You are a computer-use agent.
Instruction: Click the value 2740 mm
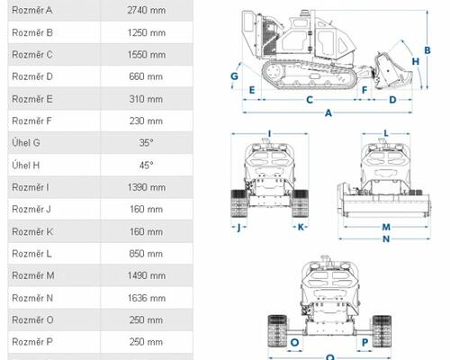pyautogui.click(x=146, y=10)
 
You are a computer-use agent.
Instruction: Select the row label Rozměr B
pyautogui.click(x=32, y=32)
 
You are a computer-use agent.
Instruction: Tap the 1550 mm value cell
pyautogui.click(x=146, y=55)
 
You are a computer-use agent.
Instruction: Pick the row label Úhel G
pyautogui.click(x=26, y=142)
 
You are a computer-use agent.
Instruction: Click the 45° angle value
pyautogui.click(x=146, y=165)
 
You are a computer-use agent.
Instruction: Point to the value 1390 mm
pyautogui.click(x=146, y=187)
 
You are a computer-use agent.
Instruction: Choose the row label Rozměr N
pyautogui.click(x=32, y=298)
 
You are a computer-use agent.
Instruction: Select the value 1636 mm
pyautogui.click(x=146, y=298)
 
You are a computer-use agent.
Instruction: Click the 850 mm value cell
pyautogui.click(x=146, y=254)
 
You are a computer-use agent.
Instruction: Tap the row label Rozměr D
pyautogui.click(x=32, y=76)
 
